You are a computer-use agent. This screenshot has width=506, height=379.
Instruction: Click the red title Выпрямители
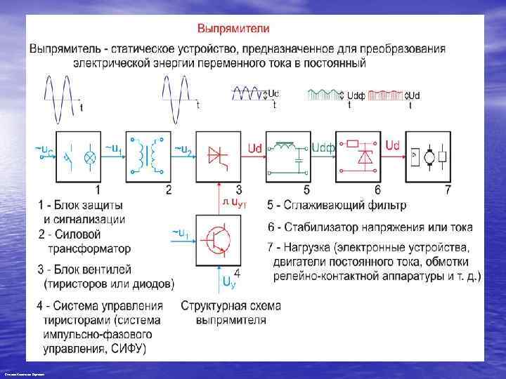click(233, 29)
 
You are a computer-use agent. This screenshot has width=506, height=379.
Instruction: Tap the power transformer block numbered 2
click(150, 155)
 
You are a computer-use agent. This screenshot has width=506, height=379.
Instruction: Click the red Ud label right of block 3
click(256, 147)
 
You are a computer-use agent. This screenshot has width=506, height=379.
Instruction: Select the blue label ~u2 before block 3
click(182, 148)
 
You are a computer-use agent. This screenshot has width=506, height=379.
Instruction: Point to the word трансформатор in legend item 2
click(89, 248)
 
